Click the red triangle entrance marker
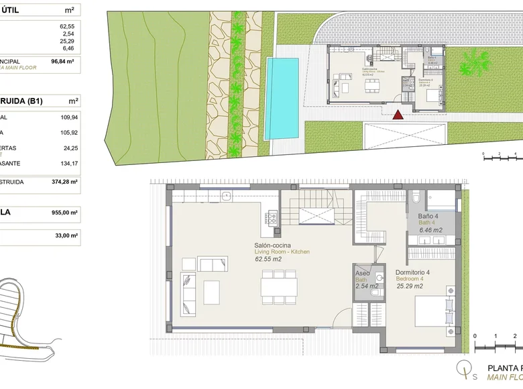click(x=398, y=115)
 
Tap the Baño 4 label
click(x=428, y=216)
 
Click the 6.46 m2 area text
click(x=430, y=230)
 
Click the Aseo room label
click(x=362, y=274)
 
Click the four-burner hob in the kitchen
click(x=273, y=217)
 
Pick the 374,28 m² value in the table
click(x=66, y=181)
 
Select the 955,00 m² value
click(x=66, y=212)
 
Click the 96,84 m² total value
click(x=62, y=60)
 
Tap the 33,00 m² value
click(x=68, y=235)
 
